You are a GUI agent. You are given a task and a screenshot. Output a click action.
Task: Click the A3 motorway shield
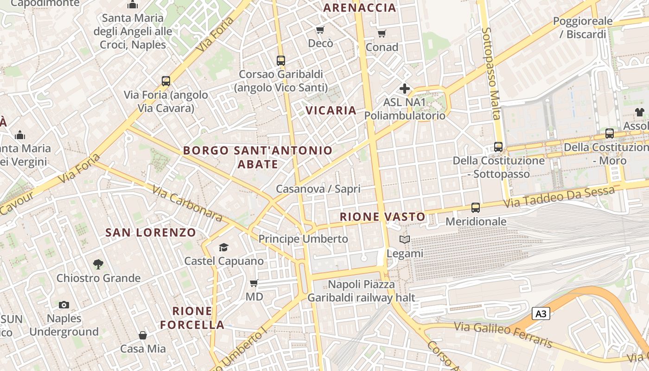coord(541,314)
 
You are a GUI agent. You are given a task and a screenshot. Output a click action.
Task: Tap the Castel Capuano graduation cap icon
coord(224,247)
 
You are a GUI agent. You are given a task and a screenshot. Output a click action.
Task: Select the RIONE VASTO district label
coord(382,217)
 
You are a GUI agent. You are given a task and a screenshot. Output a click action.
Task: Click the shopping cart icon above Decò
coord(320,30)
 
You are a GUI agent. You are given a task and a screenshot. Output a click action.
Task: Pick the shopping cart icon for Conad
coord(382,33)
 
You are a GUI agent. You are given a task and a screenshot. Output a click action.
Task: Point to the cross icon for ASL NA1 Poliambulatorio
coord(405,89)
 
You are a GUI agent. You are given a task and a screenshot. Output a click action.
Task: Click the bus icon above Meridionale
coord(476,208)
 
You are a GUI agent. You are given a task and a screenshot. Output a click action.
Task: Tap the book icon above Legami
coord(405,240)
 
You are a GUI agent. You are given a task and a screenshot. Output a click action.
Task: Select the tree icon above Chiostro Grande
coord(98,264)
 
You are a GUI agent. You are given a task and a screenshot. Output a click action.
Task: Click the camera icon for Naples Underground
coord(64,305)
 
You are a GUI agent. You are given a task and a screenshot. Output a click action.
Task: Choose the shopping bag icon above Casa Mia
coord(143,335)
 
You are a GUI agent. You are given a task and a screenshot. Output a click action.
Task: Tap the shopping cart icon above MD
coord(254,283)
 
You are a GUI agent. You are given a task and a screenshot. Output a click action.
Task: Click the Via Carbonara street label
coord(187,203)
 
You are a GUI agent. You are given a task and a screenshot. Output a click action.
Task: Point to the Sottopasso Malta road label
coord(491,73)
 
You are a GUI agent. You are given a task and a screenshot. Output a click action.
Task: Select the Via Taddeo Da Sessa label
coord(560,197)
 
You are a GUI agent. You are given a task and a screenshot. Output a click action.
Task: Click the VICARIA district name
coord(331,110)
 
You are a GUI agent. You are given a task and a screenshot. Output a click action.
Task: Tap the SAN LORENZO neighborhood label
coord(151,233)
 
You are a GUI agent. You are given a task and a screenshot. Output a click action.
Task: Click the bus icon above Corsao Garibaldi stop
coord(281,60)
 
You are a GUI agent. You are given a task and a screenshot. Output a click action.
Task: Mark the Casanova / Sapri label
coord(318,189)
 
